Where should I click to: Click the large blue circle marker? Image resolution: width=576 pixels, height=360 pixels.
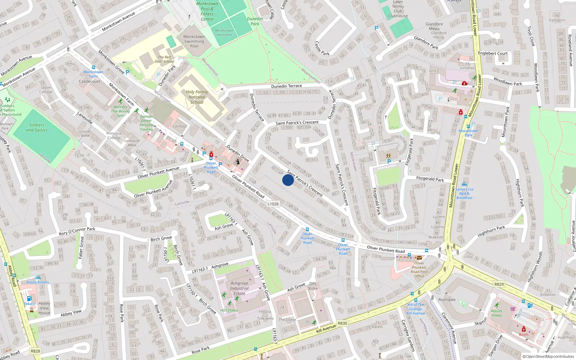pos(288,180)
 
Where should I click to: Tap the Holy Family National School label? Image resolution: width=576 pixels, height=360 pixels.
pos(197,97)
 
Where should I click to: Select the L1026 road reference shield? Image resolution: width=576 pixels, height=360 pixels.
pos(273,204)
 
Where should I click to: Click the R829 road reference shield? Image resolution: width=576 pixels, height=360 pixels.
pos(499,284)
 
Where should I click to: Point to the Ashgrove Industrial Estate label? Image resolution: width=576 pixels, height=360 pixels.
pos(239,288)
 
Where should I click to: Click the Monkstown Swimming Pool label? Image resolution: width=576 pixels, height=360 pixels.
pos(194,41)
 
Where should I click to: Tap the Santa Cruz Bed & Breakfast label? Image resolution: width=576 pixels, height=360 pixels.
pos(464,193)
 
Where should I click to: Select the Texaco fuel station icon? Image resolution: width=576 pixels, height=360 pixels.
pos(29,299)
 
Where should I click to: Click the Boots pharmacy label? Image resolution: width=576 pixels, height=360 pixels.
pos(524,334)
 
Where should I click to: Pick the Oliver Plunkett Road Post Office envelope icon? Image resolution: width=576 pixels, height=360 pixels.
pos(419,258)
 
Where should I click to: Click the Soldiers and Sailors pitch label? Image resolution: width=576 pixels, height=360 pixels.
pos(37,127)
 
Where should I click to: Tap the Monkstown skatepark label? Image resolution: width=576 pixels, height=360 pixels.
pos(224,33)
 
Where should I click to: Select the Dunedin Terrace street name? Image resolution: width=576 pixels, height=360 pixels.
pos(287,86)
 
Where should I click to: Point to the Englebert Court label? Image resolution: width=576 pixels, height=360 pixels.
pos(492,53)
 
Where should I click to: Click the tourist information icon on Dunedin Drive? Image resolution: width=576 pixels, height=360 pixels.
pos(238,162)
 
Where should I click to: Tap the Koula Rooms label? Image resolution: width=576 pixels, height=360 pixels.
pos(38,282)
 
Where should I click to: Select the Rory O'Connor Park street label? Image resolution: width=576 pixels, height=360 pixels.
pos(77,231)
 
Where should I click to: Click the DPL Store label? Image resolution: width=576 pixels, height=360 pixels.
pos(313,286)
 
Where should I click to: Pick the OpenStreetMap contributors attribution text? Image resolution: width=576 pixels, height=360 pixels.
pos(548,356)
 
